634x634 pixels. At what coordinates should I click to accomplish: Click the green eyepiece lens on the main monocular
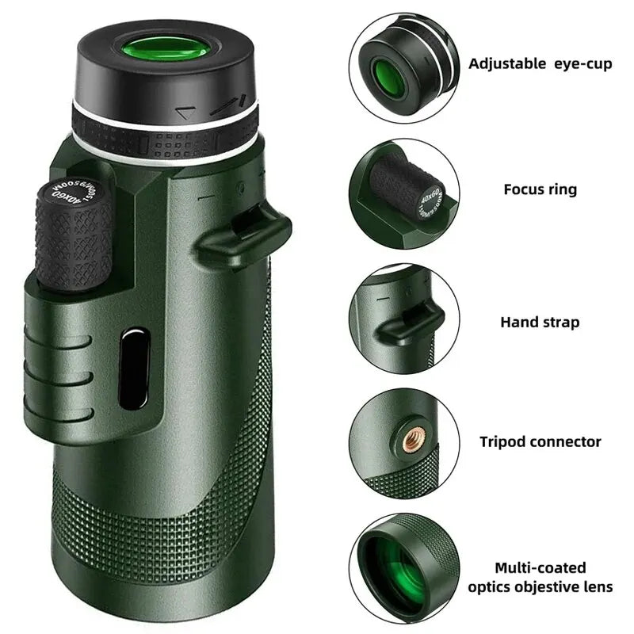(x=166, y=47)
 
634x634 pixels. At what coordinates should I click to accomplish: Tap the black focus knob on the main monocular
(x=73, y=238)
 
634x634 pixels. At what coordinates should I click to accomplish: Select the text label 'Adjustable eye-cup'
(x=540, y=63)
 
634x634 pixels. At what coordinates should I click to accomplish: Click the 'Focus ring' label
(x=540, y=189)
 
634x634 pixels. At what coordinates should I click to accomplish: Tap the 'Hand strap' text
(x=540, y=322)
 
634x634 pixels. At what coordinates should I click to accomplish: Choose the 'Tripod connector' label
(x=540, y=441)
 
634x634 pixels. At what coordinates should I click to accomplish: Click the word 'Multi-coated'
(x=540, y=567)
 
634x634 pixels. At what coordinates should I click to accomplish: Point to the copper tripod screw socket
(x=412, y=441)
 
